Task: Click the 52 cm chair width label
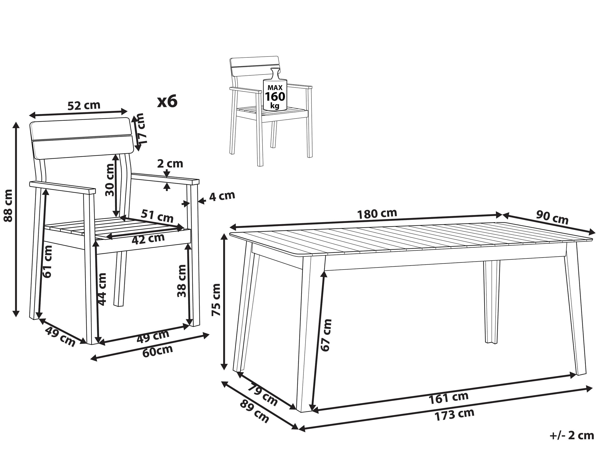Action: (x=84, y=105)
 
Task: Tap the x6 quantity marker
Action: (x=167, y=101)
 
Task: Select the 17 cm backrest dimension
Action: (x=141, y=128)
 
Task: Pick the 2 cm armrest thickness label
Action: (x=170, y=164)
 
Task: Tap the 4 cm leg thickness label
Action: (x=222, y=196)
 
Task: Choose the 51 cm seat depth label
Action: (x=157, y=216)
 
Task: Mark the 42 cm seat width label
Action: (x=148, y=239)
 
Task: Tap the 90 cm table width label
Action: (x=552, y=217)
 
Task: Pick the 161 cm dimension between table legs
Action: (x=449, y=398)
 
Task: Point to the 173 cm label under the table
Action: (x=454, y=415)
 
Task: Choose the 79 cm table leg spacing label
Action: (x=263, y=396)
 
